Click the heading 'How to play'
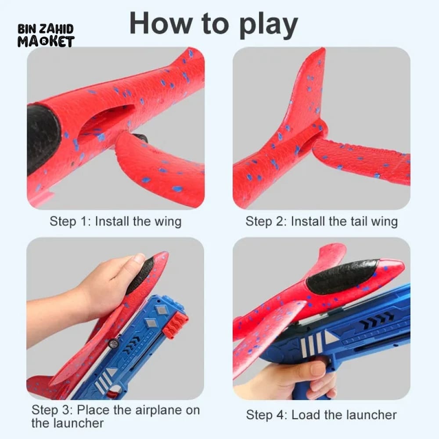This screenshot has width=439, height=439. click(x=214, y=24)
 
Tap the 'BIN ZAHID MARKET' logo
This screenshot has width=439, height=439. click(x=46, y=36)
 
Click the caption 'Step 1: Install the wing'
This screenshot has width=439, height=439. click(x=115, y=221)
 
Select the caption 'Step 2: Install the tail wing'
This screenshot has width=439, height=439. click(x=321, y=221)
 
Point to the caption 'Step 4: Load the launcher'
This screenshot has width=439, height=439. click(x=321, y=415)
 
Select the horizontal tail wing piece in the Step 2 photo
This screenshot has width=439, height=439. click(x=361, y=160)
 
